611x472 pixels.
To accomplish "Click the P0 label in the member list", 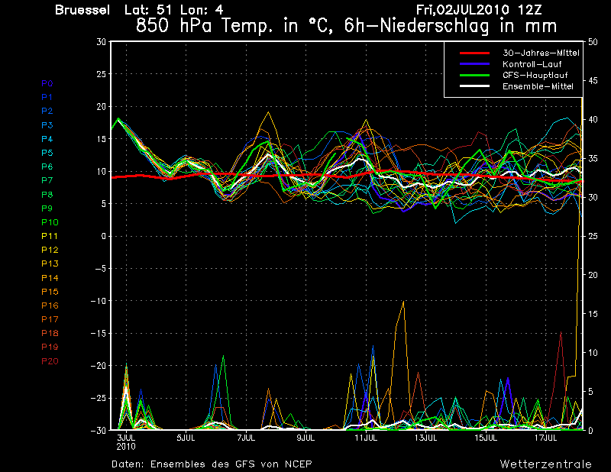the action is click(x=47, y=83).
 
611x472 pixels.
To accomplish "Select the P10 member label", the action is click(x=50, y=222).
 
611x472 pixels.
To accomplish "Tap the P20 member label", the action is click(x=50, y=361).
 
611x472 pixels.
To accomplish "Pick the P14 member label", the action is click(x=50, y=278).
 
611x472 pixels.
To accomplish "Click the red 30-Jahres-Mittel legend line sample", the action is click(x=474, y=53).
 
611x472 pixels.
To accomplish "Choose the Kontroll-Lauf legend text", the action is click(x=532, y=64).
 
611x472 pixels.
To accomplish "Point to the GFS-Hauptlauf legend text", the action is click(x=535, y=75).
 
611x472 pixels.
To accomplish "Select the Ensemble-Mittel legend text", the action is click(x=538, y=86).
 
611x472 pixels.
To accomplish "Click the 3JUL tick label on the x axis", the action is click(x=126, y=438).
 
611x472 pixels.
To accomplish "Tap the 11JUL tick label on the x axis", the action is click(x=366, y=438).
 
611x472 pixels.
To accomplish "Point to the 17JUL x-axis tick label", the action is click(x=545, y=438).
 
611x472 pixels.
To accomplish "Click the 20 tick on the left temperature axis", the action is click(x=102, y=106).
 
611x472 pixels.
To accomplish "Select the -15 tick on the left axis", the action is click(x=99, y=333).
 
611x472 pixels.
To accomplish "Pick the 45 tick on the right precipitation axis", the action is click(x=593, y=81).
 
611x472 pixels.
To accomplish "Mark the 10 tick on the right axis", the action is click(x=593, y=353).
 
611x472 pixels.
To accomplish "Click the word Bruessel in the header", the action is click(x=82, y=10).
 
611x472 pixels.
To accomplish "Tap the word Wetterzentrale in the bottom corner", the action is click(x=545, y=464).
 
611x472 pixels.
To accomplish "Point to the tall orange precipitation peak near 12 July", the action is click(x=403, y=302).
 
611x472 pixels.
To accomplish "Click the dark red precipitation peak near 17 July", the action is click(x=561, y=332).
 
